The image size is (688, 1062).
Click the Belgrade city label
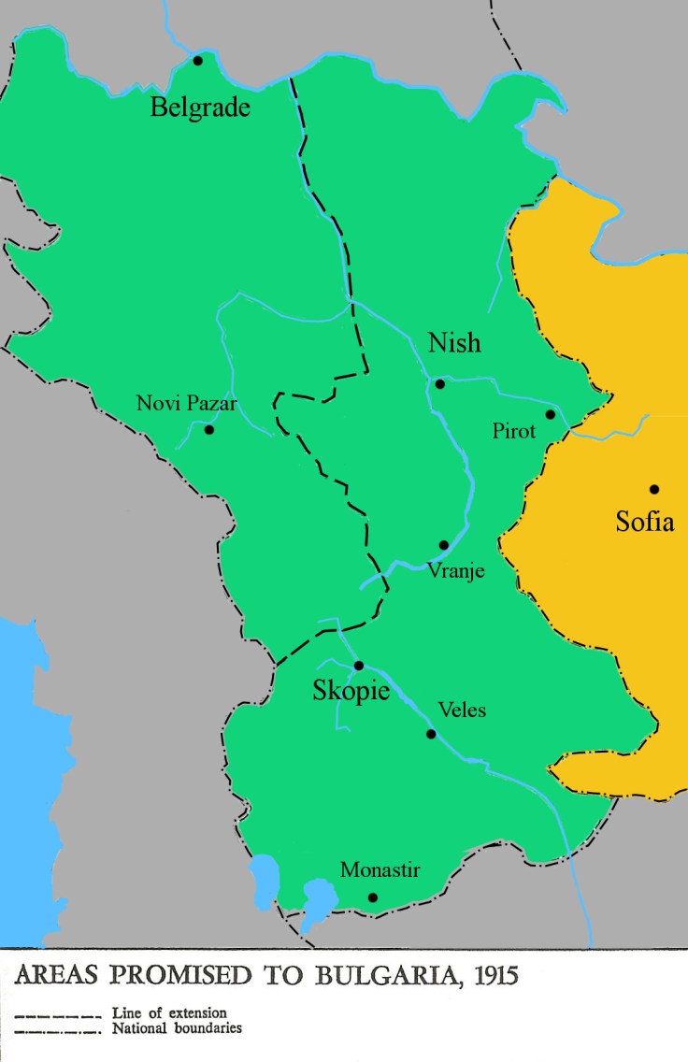tap(200, 108)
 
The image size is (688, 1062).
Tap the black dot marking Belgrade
tap(198, 61)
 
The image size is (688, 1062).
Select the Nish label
tap(454, 343)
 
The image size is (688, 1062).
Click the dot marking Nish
tap(439, 383)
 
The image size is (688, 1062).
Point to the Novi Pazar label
tap(187, 404)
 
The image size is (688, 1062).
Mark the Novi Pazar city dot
tap(209, 430)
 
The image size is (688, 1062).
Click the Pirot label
tap(514, 431)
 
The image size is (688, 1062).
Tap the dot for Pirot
tap(551, 414)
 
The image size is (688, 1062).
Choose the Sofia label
tap(644, 522)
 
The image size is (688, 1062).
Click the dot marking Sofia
tap(654, 489)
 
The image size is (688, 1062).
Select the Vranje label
tap(455, 569)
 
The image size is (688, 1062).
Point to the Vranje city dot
tap(444, 545)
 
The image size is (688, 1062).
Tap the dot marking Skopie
tap(358, 666)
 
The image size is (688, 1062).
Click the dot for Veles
tap(431, 734)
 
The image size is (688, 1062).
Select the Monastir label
tap(380, 870)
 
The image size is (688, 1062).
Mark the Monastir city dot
tap(373, 897)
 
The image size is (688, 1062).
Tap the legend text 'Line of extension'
tap(168, 1012)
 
